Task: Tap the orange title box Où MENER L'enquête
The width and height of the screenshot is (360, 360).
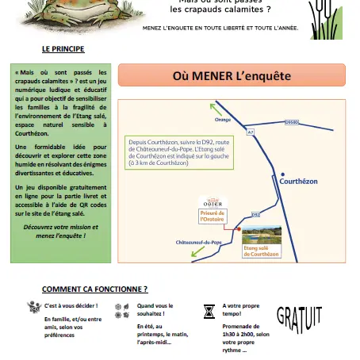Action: (x=232, y=77)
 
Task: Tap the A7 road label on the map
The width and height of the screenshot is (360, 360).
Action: (x=252, y=132)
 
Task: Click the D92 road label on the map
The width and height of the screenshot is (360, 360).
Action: (x=255, y=214)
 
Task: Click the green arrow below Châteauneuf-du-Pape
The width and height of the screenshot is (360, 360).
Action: (x=183, y=253)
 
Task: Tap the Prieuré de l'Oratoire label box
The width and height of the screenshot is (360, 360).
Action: (x=212, y=217)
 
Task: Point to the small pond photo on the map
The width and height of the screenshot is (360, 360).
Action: (x=261, y=236)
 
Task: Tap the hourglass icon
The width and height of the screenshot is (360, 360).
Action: (x=209, y=311)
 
